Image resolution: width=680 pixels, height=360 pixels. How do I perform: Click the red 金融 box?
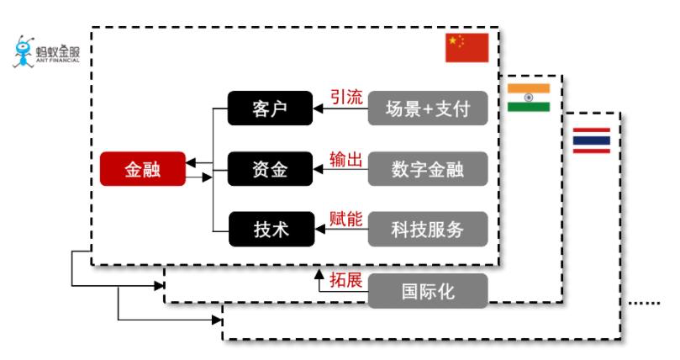click(142, 170)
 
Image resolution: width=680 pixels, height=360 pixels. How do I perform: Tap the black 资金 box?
click(270, 170)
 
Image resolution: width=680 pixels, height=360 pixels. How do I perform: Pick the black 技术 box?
click(270, 229)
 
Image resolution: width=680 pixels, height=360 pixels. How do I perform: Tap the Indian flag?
click(529, 98)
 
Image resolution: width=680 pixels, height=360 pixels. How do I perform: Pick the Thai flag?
click(592, 141)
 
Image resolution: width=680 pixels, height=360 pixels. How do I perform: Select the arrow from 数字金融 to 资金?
click(340, 170)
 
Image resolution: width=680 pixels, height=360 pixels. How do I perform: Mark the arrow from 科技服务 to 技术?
click(340, 229)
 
